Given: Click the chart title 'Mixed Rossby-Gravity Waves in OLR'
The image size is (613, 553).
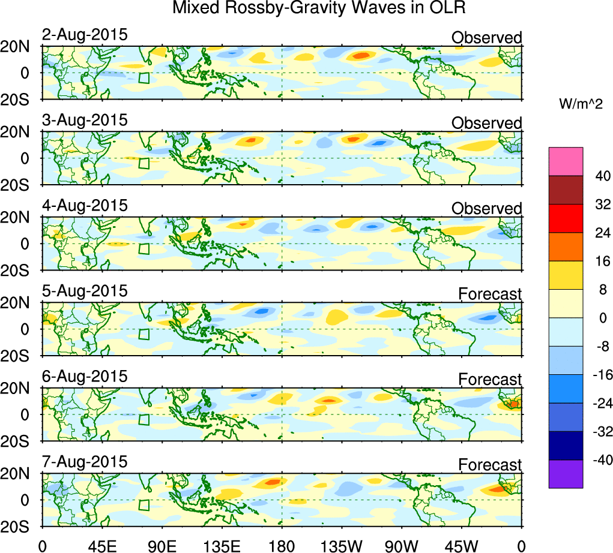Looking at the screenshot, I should coord(319,8).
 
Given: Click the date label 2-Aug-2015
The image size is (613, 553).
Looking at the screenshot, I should coord(85,35).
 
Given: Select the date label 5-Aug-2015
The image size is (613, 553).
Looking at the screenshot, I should coord(85,291).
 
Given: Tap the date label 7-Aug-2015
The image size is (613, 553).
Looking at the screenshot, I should coord(85,462).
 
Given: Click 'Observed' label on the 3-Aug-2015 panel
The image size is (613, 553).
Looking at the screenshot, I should coord(486,123).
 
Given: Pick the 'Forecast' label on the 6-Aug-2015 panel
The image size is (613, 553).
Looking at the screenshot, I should coord(490,379).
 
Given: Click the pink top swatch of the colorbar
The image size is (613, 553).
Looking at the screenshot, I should coord(566,161).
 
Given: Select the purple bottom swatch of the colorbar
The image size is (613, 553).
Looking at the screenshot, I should coord(566,474).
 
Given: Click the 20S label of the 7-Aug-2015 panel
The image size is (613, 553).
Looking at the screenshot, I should coord(20,526).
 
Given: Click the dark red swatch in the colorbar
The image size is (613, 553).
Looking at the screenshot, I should coord(566,190).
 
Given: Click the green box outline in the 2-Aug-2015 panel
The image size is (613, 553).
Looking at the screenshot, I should coord(143,78).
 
